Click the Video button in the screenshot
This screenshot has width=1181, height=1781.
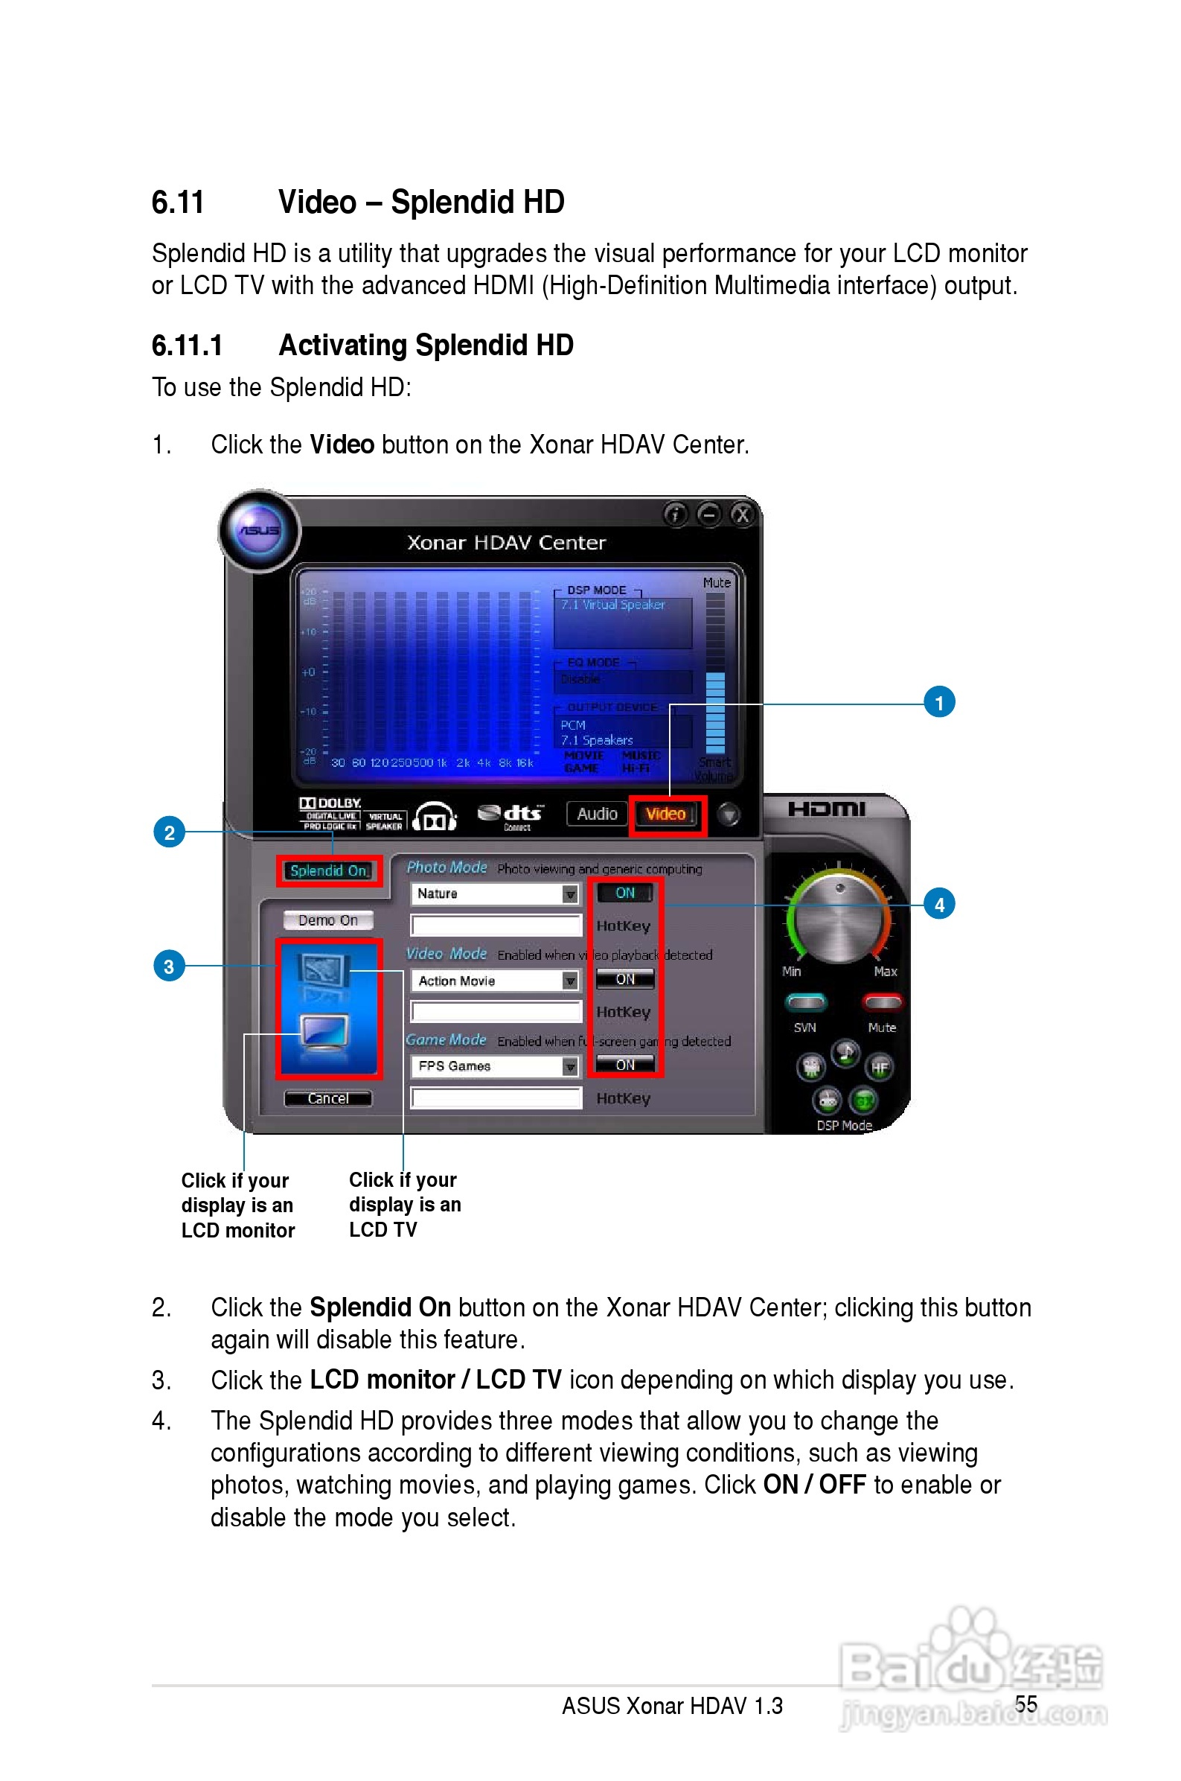click(x=667, y=815)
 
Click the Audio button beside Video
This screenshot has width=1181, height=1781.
click(x=597, y=815)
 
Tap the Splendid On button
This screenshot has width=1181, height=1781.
click(x=329, y=871)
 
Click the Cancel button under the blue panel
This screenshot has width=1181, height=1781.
click(x=327, y=1098)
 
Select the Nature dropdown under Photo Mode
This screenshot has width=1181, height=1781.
click(x=495, y=893)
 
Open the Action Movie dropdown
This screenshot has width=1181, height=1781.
click(x=495, y=980)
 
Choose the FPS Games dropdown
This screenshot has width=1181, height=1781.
click(x=495, y=1066)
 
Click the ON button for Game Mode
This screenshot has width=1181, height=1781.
click(x=624, y=1065)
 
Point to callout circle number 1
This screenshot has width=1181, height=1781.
click(x=938, y=703)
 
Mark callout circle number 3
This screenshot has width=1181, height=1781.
click(x=169, y=966)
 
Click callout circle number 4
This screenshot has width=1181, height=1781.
click(x=938, y=904)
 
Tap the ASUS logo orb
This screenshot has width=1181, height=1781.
click(x=259, y=530)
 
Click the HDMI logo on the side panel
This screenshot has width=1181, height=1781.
click(x=826, y=809)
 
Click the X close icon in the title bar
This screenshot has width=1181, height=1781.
click(x=742, y=514)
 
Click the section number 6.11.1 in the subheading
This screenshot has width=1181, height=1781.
click(x=187, y=345)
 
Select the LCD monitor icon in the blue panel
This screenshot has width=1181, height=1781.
click(x=324, y=1030)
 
